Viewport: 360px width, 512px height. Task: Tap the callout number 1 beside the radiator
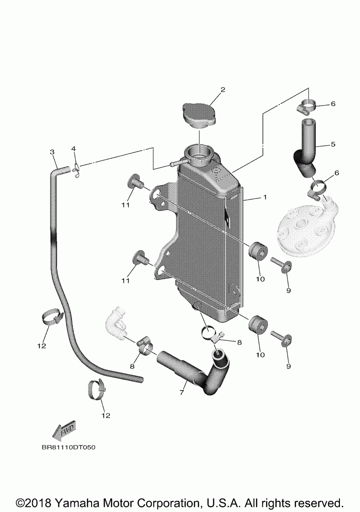265,198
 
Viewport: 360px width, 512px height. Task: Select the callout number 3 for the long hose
52,152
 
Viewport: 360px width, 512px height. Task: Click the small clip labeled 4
76,170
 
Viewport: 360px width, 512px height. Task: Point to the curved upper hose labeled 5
305,149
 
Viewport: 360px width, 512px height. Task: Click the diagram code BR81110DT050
68,447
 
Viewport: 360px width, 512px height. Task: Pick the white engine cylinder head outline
304,229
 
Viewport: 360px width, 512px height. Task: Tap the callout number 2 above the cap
223,89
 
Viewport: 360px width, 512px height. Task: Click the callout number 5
332,144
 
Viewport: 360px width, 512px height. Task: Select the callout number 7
181,393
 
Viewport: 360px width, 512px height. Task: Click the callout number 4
73,149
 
